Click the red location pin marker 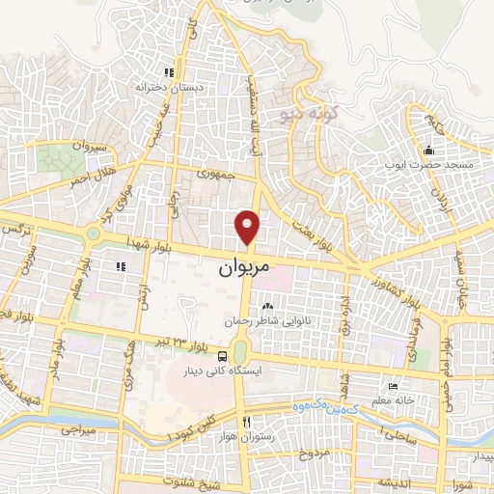click(x=249, y=226)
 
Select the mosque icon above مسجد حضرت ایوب click(x=429, y=150)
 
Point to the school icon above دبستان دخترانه click(x=168, y=71)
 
